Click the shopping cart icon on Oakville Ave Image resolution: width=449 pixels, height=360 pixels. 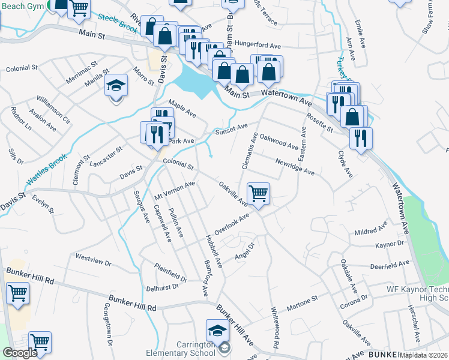[x=258, y=194]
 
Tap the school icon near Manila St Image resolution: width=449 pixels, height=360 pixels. [x=116, y=86]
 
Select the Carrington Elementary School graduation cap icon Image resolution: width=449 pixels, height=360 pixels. [x=217, y=331]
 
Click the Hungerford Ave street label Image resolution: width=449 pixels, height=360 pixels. [x=258, y=46]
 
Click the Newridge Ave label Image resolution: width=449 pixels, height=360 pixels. [x=295, y=167]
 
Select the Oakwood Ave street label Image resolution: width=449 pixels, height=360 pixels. [x=279, y=142]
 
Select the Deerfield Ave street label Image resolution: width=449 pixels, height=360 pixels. [x=390, y=263]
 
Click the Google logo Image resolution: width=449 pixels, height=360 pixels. [x=20, y=353]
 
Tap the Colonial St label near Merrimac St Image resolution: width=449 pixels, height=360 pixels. [x=22, y=69]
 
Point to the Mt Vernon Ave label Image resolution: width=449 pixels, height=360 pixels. [x=175, y=191]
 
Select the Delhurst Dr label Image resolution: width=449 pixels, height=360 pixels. [x=163, y=287]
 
